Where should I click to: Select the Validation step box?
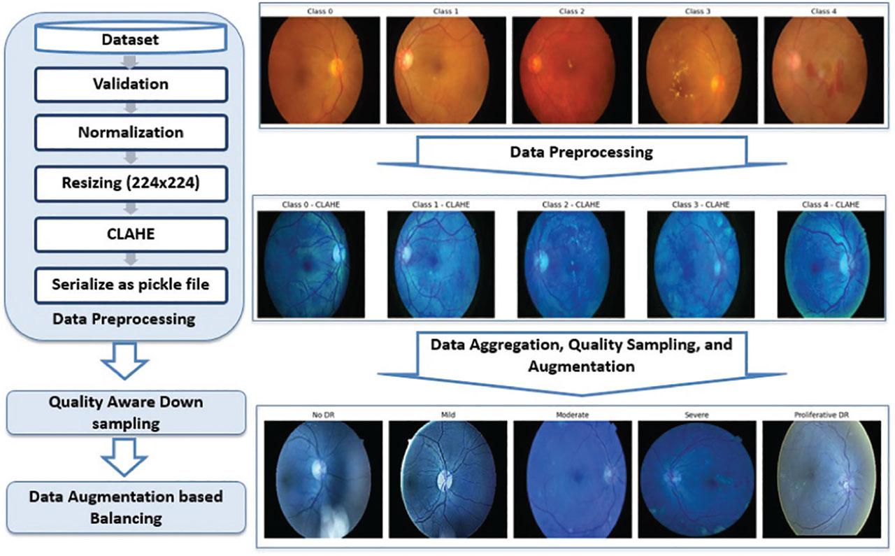131,84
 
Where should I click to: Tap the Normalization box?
131,132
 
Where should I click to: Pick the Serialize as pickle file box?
131,285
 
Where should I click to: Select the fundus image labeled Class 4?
824,70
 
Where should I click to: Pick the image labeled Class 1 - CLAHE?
441,264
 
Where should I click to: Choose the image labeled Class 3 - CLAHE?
700,264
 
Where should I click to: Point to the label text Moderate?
571,415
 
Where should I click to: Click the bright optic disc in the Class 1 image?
405,60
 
